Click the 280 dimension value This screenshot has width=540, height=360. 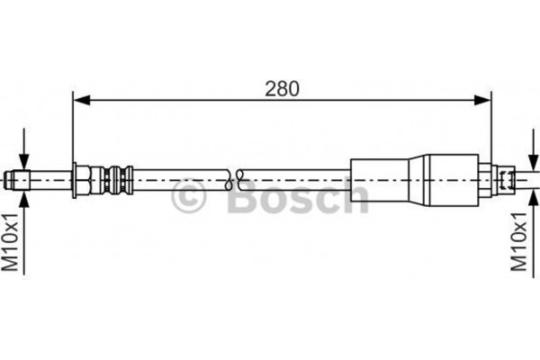pyautogui.click(x=282, y=89)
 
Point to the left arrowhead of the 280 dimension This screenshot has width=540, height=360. pyautogui.click(x=82, y=100)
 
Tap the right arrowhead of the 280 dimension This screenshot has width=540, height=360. pyautogui.click(x=481, y=100)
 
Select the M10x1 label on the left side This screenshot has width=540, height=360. pyautogui.click(x=10, y=242)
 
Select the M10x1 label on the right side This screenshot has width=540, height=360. pyautogui.click(x=518, y=242)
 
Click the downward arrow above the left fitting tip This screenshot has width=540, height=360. pyautogui.click(x=23, y=148)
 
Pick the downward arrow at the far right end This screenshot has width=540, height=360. pyautogui.click(x=533, y=148)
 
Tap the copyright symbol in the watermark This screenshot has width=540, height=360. pyautogui.click(x=188, y=195)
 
